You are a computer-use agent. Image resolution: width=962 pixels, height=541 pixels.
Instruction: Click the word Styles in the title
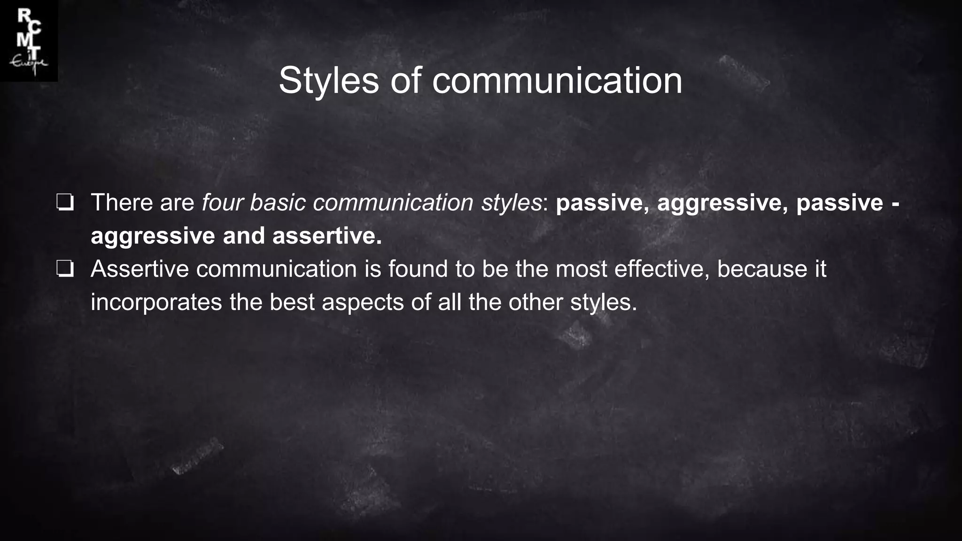(x=328, y=81)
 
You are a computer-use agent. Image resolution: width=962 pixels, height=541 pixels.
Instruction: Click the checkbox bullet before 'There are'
(x=65, y=203)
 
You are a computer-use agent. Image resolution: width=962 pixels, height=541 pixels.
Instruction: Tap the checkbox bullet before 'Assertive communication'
(x=65, y=270)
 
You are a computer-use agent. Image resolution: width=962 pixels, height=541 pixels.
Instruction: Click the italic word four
(x=222, y=203)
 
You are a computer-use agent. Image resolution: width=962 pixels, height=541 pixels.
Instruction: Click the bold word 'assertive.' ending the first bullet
(x=327, y=236)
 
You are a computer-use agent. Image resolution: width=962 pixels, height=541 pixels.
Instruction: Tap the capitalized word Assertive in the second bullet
(x=139, y=269)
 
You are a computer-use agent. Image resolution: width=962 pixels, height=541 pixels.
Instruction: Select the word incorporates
(x=156, y=302)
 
